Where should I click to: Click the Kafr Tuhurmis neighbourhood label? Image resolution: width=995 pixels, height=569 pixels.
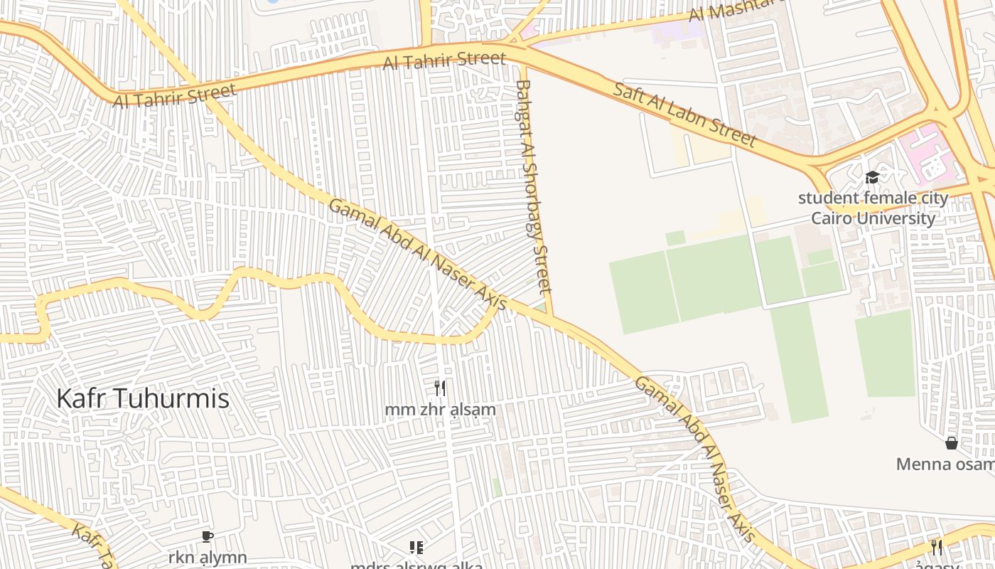143,398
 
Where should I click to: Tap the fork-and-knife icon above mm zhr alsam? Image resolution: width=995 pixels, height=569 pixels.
440,388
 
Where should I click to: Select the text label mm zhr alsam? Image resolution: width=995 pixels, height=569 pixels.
440,410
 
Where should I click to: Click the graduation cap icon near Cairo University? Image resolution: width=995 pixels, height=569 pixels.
872,177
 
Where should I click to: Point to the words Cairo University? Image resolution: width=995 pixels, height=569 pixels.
873,218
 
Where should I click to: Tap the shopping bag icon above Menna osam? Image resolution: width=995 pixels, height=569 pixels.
952,443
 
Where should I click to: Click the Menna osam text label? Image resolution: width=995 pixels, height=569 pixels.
945,464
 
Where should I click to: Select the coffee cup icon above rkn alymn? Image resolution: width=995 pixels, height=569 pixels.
208,536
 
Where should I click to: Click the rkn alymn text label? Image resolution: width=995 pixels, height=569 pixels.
208,557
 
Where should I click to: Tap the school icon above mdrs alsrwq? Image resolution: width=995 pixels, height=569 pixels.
416,547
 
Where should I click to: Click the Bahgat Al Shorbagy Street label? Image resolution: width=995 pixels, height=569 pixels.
534,186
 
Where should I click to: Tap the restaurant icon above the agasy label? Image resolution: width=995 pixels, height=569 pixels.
937,547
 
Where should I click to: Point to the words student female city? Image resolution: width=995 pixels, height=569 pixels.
873,198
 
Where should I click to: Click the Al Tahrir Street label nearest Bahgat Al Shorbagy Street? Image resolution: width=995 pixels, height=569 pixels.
444,60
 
